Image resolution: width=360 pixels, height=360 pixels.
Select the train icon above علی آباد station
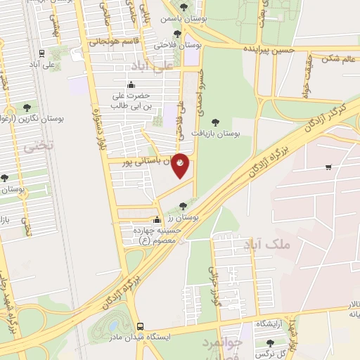[x=43, y=53]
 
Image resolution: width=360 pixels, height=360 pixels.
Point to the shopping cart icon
[x=328, y=167]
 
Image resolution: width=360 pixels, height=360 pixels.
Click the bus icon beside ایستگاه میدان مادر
[x=141, y=327]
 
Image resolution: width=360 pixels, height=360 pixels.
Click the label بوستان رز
[x=185, y=217]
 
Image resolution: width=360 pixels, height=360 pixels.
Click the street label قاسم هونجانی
[x=110, y=41]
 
